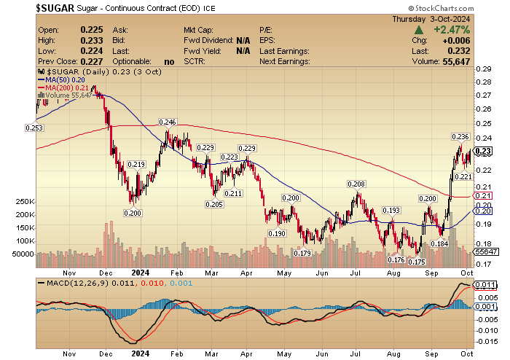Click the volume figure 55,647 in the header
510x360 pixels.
click(x=455, y=61)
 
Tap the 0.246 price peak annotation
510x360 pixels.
click(x=168, y=122)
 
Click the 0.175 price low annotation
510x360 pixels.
click(x=416, y=261)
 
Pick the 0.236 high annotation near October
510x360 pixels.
click(x=460, y=137)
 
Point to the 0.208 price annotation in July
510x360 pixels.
click(x=356, y=184)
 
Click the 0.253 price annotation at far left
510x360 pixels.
click(x=34, y=128)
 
